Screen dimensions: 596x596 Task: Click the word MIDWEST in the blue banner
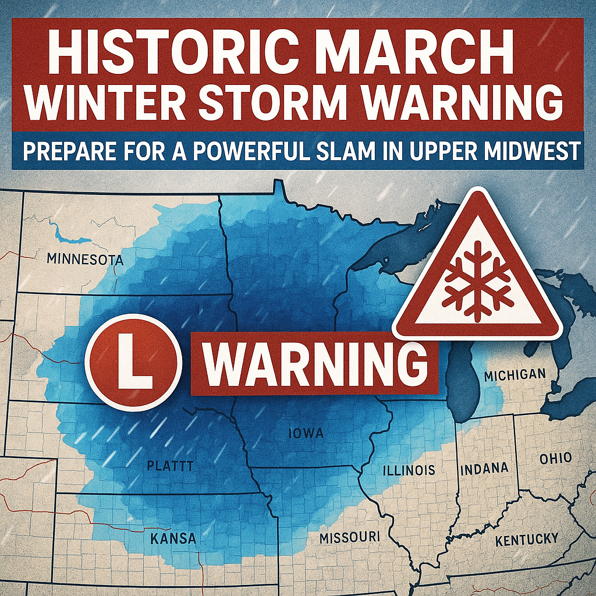[533, 151]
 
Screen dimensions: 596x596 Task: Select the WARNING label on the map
[315, 363]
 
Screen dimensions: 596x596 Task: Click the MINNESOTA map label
[84, 259]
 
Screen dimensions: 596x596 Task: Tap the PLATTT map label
[169, 466]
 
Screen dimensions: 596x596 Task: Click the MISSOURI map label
[350, 536]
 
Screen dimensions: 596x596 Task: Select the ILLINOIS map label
[409, 469]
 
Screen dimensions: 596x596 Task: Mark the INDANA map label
[484, 468]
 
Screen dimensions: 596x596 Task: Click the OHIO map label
[555, 458]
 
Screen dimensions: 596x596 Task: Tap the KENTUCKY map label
[526, 540]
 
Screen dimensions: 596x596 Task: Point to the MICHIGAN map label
[515, 374]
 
